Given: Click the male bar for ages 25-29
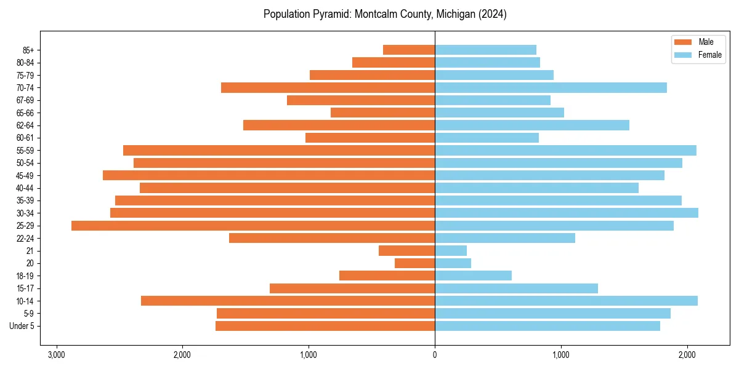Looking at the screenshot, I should pos(253,226).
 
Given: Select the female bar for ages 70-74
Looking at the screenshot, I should pos(551,88).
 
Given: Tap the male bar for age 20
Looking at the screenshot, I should pos(414,263).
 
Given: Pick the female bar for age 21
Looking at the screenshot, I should pos(451,251).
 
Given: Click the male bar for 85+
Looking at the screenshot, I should pos(409,50).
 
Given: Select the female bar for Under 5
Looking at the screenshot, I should pos(547,326).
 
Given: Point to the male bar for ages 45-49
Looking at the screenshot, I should pos(269,175).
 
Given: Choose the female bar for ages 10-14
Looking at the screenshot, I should pos(566,301).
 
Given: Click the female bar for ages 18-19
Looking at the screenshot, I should pos(473,276).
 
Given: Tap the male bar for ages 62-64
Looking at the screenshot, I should pos(339,125).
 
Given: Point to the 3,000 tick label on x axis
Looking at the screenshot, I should pos(56,355).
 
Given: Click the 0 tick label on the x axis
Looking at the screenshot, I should pos(435,355).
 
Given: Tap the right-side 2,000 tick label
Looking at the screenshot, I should pos(687,355).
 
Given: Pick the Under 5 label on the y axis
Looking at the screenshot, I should pos(22,326).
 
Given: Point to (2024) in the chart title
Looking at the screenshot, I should pos(491,14).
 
